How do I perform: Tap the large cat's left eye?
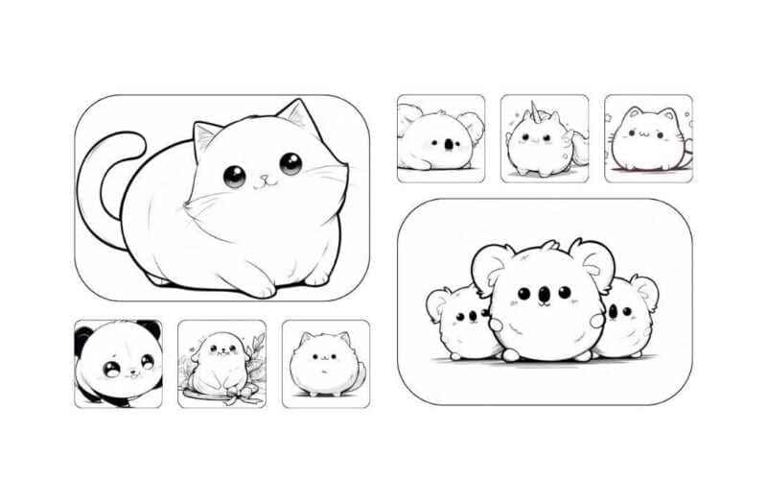click(x=234, y=176)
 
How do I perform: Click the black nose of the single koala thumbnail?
click(x=448, y=145)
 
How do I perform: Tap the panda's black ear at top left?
click(x=83, y=338)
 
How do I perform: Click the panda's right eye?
click(x=147, y=362)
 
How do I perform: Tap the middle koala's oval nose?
click(x=542, y=291)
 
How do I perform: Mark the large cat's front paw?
click(x=257, y=287)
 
